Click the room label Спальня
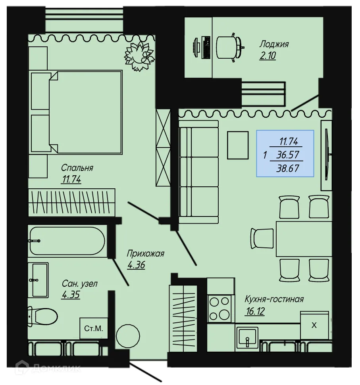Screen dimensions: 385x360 tap(77, 168)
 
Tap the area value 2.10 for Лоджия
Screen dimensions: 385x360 tap(268, 56)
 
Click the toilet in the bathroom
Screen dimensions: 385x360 tap(43, 316)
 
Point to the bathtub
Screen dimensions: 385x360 tap(67, 241)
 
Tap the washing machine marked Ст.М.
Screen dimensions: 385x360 tap(94, 328)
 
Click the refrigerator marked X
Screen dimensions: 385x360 tap(314, 325)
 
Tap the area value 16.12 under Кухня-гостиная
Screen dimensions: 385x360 tap(255, 311)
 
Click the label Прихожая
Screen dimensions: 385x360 tap(145, 254)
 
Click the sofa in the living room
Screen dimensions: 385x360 tap(198, 172)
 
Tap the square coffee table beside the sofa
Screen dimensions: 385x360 tap(237, 145)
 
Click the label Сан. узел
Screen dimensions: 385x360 tap(79, 284)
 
